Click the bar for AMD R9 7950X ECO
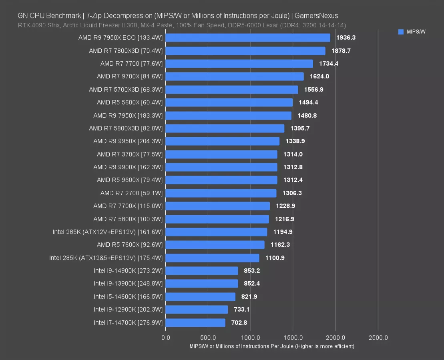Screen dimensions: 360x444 [247, 38]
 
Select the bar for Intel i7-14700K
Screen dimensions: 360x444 [195, 322]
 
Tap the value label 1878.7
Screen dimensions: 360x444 [341, 51]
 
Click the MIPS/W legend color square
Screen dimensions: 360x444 [401, 32]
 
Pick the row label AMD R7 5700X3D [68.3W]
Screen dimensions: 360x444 [126, 90]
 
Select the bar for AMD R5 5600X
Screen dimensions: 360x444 [229, 102]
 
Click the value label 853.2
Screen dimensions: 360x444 [252, 270]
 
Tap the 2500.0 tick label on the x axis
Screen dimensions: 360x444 [378, 337]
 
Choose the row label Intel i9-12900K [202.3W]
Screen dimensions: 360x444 [128, 309]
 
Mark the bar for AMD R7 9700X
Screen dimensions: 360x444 [234, 76]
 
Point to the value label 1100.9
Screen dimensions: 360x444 [275, 258]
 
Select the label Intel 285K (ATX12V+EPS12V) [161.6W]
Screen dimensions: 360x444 [108, 232]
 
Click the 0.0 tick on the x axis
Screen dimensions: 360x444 [165, 337]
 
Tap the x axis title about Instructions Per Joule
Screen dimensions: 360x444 [272, 346]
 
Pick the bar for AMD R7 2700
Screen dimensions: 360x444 [221, 193]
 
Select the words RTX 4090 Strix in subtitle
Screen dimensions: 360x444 [37, 25]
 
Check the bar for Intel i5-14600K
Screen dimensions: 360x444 [200, 296]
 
